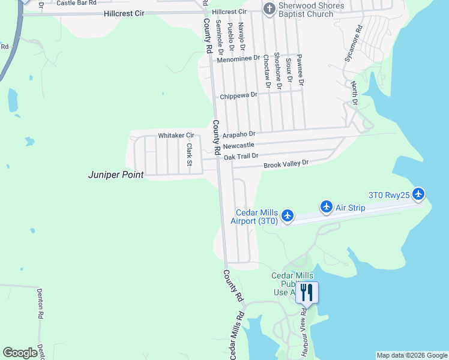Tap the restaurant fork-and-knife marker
tap(307, 292)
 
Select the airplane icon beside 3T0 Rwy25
tap(418, 194)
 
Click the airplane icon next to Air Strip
tap(327, 207)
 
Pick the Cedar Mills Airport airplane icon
tap(287, 215)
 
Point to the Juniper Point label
tap(116, 175)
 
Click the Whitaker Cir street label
tap(176, 136)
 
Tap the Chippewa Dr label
tap(238, 95)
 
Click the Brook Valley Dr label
tap(286, 163)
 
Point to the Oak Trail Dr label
tap(241, 156)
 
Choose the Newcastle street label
tap(238, 146)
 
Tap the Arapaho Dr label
tap(239, 134)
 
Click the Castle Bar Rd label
tap(77, 3)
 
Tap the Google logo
tap(20, 353)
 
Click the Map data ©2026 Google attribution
tap(412, 355)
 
